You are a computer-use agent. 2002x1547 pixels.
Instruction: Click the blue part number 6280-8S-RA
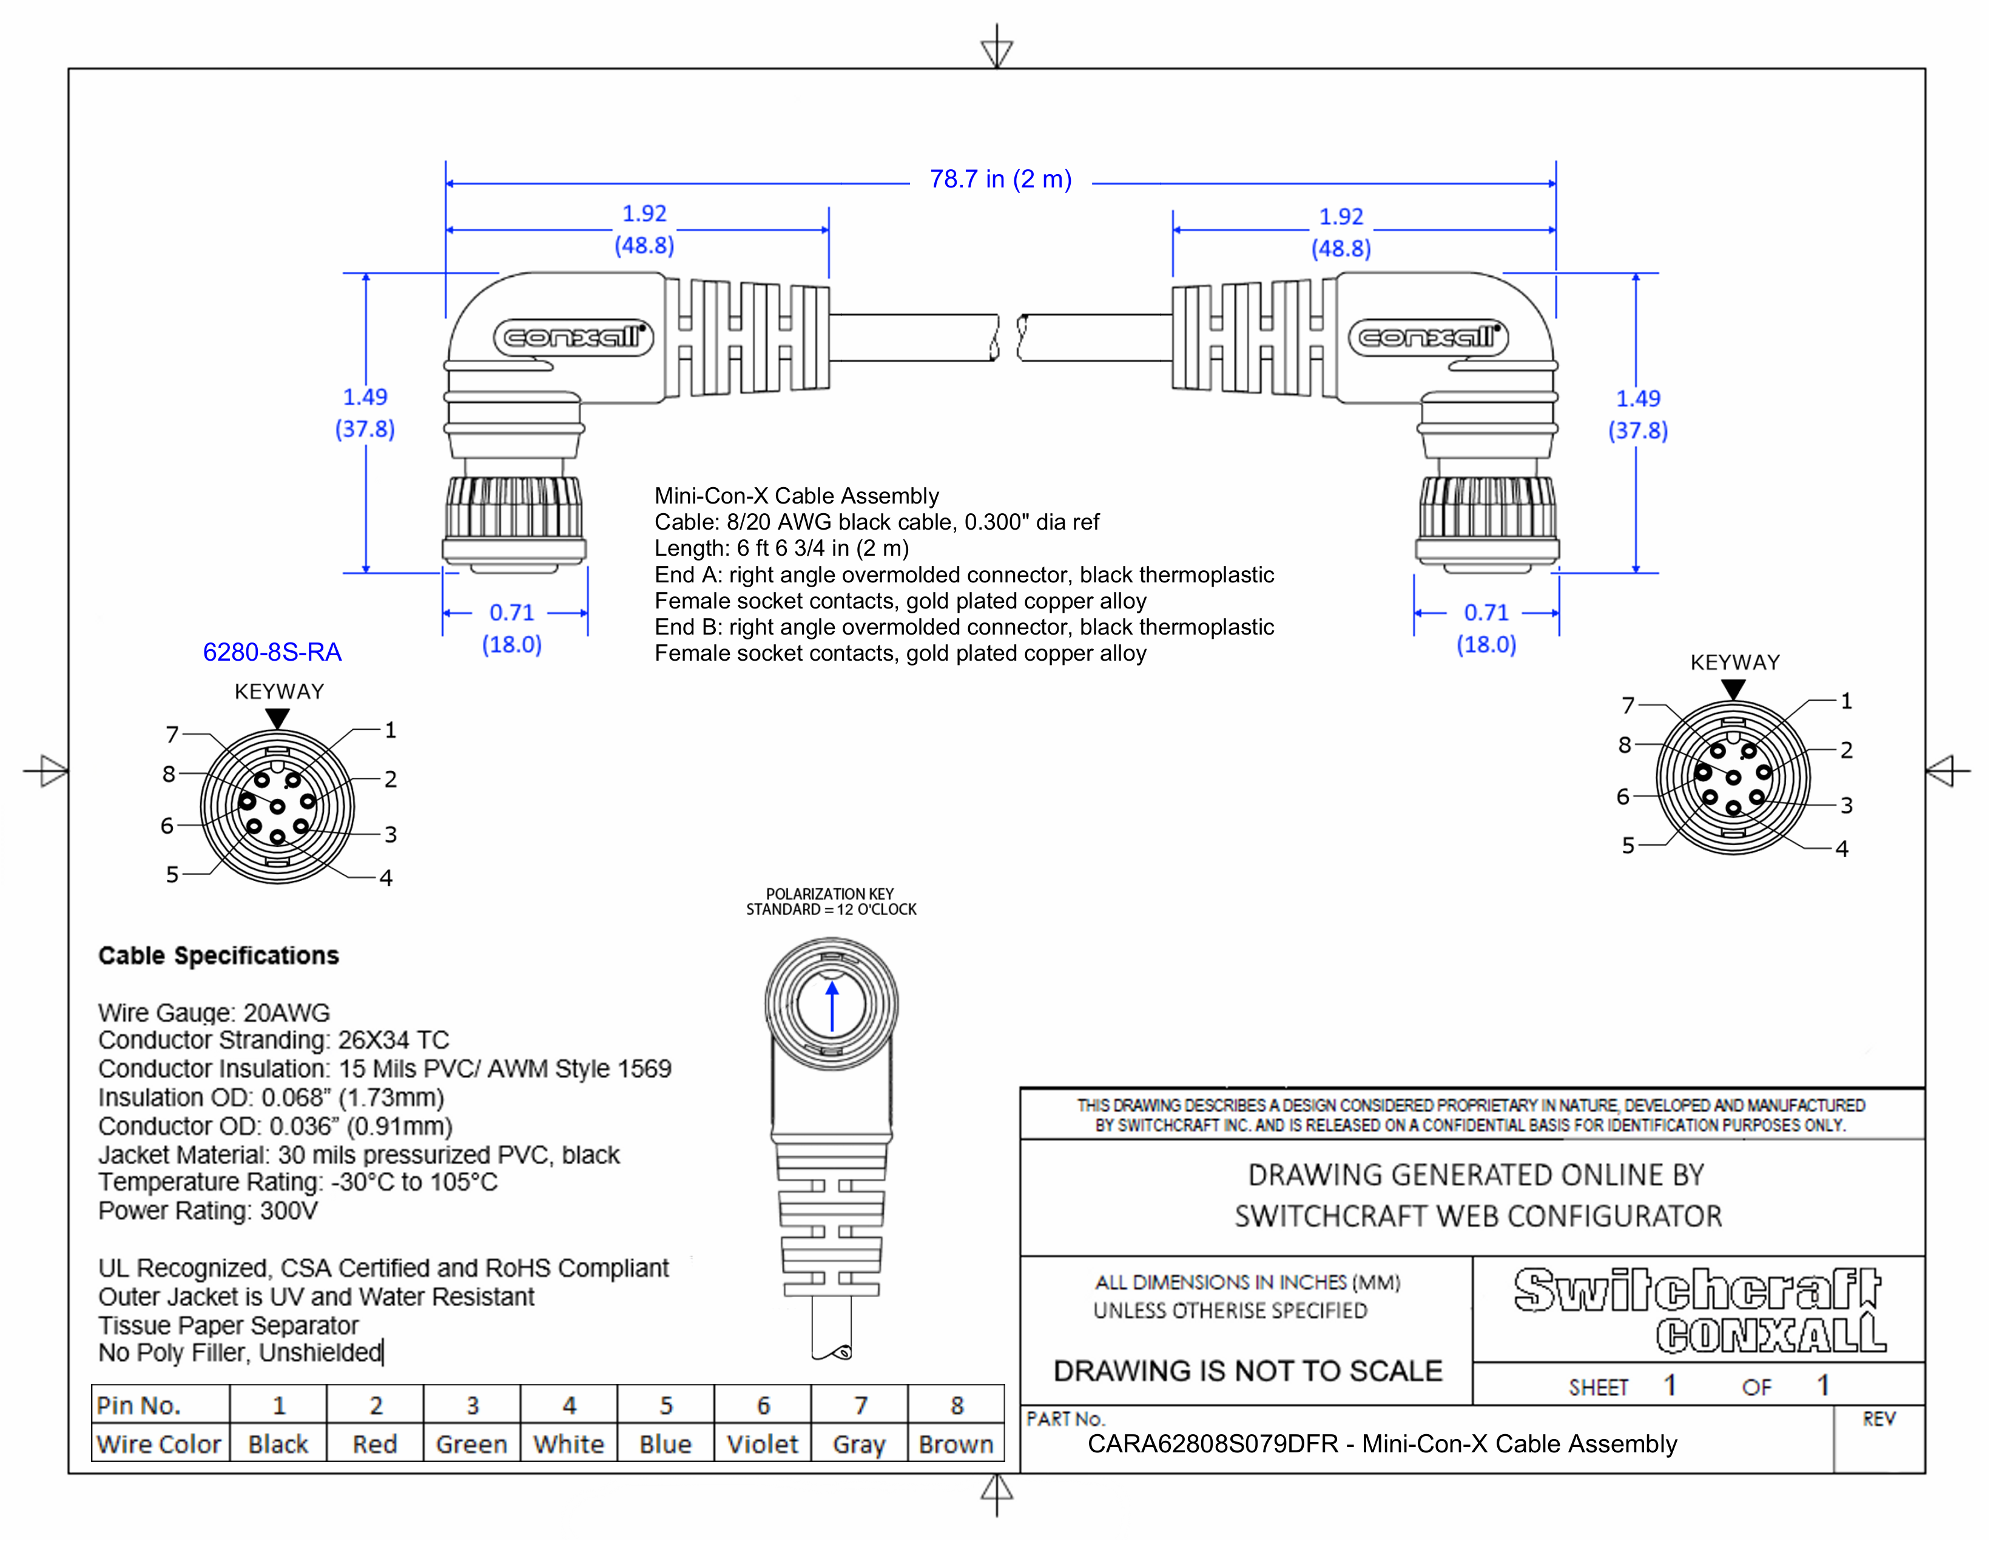[272, 653]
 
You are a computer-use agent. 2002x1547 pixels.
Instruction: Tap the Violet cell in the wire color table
[762, 1444]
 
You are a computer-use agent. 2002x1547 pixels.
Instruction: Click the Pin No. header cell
[140, 1405]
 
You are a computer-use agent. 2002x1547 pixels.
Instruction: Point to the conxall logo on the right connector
[1428, 337]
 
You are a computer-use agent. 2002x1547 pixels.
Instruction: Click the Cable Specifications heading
[218, 956]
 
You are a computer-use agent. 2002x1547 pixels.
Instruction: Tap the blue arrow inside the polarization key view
[831, 1007]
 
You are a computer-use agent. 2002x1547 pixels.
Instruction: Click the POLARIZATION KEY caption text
[829, 894]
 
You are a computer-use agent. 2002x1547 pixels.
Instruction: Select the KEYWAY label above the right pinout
[1734, 662]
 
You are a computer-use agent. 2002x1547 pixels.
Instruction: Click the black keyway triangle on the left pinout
[278, 718]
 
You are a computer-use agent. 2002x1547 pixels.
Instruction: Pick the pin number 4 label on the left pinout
[386, 878]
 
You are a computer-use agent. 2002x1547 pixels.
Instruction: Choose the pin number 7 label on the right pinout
[1628, 705]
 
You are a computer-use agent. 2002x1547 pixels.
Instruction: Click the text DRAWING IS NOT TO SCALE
[1247, 1371]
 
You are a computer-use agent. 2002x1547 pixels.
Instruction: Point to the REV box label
[1878, 1420]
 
